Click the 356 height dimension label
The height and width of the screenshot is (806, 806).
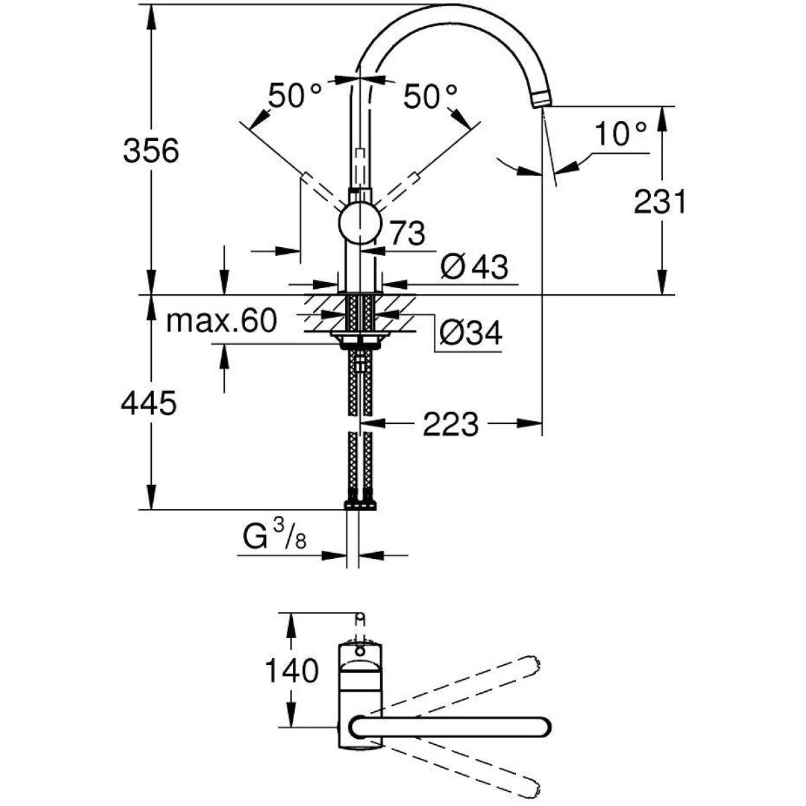[x=151, y=151]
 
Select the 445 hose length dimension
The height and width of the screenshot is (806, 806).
[x=148, y=404]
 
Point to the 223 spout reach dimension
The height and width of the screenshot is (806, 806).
[x=451, y=424]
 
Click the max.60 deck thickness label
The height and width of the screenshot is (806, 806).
[x=221, y=322]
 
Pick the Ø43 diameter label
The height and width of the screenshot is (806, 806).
[x=474, y=268]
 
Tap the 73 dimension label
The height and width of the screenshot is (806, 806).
[x=407, y=234]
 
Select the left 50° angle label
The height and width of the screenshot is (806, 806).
[x=296, y=96]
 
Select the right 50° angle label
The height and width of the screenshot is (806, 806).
[x=431, y=96]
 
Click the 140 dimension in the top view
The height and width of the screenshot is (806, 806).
[x=291, y=670]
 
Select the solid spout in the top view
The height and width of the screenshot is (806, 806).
[x=450, y=728]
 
